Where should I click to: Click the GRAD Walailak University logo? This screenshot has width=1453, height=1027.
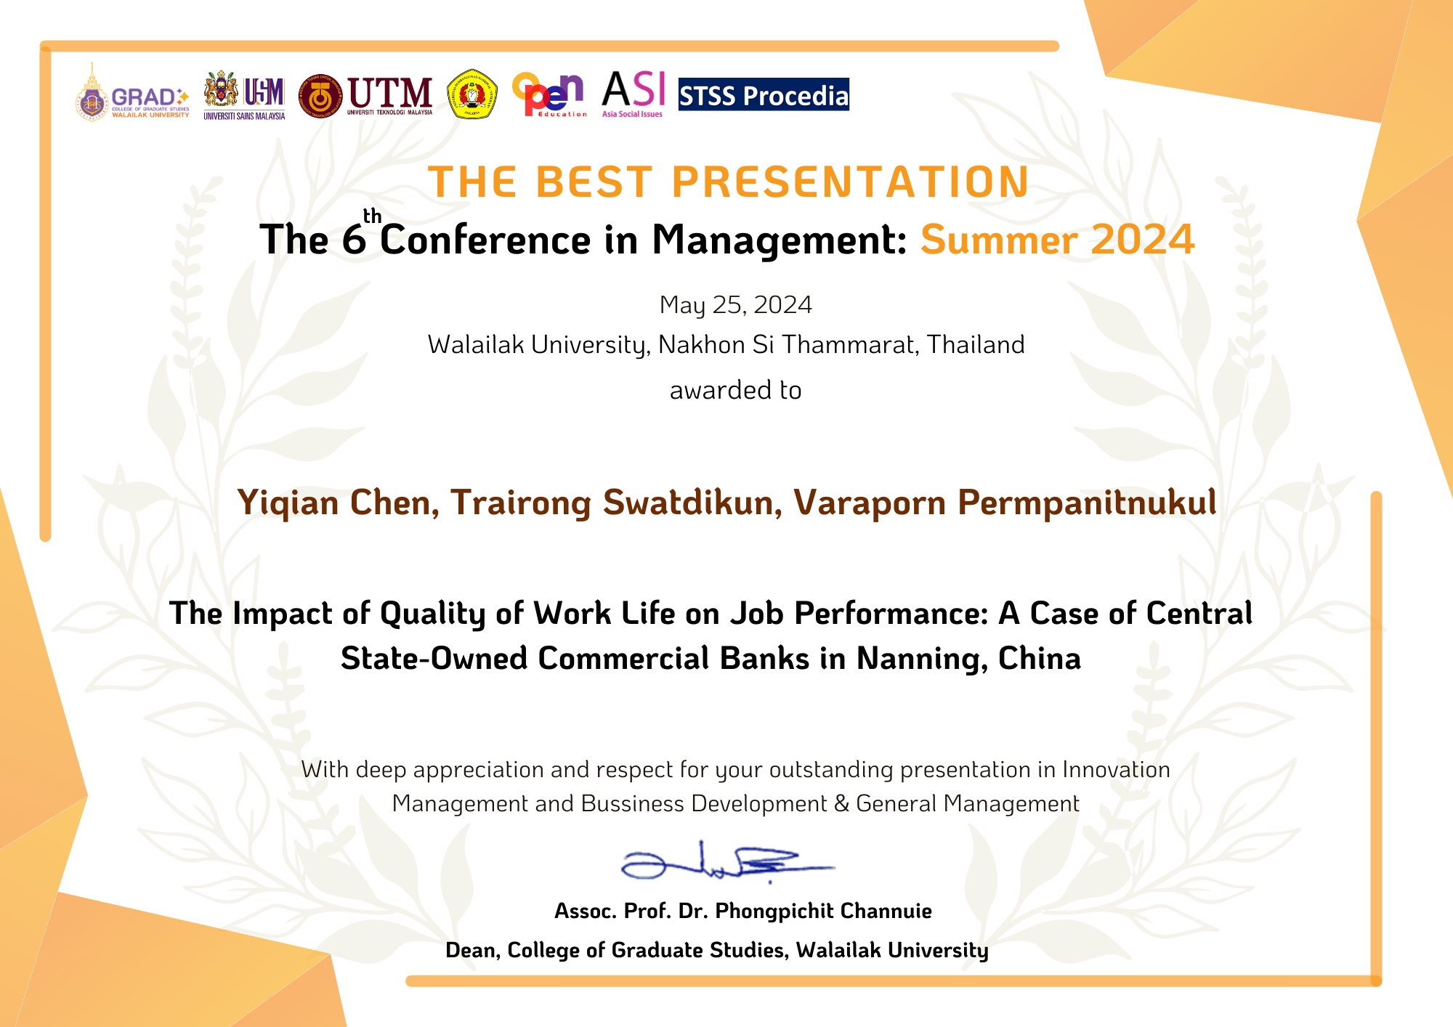tap(132, 92)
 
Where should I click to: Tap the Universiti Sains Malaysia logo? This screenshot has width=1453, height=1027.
tap(244, 95)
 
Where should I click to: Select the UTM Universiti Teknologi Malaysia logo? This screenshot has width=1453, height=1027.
tap(366, 96)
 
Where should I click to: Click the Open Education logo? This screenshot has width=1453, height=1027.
tap(549, 95)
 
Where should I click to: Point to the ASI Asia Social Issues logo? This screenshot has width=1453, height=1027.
tap(633, 94)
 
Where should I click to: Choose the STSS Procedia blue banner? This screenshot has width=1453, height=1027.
tap(764, 94)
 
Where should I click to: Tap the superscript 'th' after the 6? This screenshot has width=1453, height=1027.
tap(373, 216)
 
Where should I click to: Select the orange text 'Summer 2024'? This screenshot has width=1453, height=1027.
tap(1057, 240)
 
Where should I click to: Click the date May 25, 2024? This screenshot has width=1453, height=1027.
tap(735, 305)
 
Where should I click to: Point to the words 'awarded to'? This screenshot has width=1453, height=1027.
tap(735, 391)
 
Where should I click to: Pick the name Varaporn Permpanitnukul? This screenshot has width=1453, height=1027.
tap(1005, 503)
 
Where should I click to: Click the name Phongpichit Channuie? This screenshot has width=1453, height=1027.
tap(823, 912)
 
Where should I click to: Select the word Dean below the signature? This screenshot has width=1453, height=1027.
tap(472, 950)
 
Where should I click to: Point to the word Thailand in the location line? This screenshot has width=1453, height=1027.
tap(976, 345)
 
